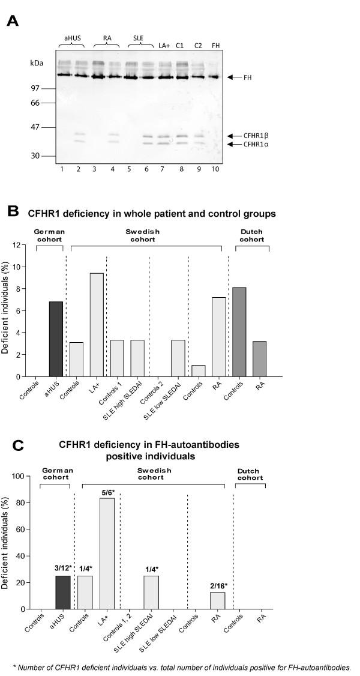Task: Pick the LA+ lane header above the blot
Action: click(x=164, y=46)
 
